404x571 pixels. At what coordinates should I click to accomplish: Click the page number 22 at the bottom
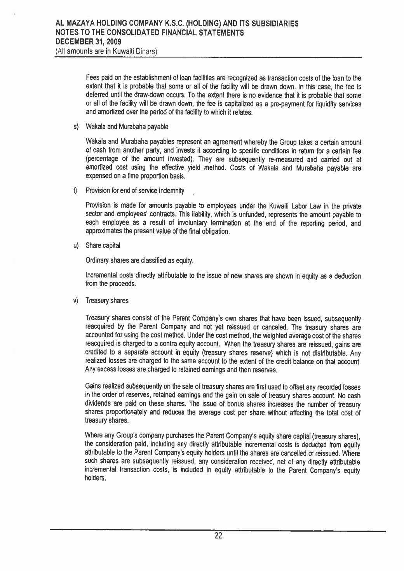(218, 536)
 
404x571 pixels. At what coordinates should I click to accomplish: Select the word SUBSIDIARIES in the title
(273, 24)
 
